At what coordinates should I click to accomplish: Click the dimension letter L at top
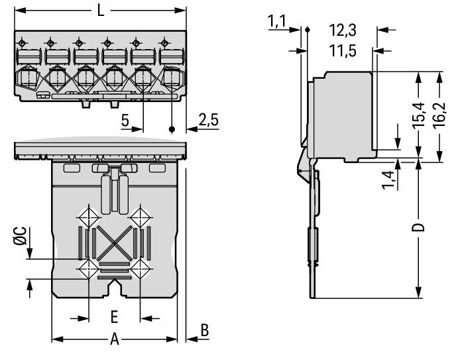(x=100, y=11)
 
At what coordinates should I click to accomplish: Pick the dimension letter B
(x=205, y=330)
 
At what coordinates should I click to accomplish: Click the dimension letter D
(x=417, y=229)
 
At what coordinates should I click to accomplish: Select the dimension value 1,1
(x=276, y=23)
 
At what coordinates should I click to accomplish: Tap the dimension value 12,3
(x=343, y=30)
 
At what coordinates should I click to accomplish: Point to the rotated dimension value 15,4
(x=418, y=117)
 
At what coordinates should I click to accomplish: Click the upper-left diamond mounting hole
(x=87, y=217)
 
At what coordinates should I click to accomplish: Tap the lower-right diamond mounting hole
(x=140, y=269)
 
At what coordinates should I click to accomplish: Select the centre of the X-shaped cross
(x=114, y=243)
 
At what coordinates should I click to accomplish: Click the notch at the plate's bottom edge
(x=115, y=290)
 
